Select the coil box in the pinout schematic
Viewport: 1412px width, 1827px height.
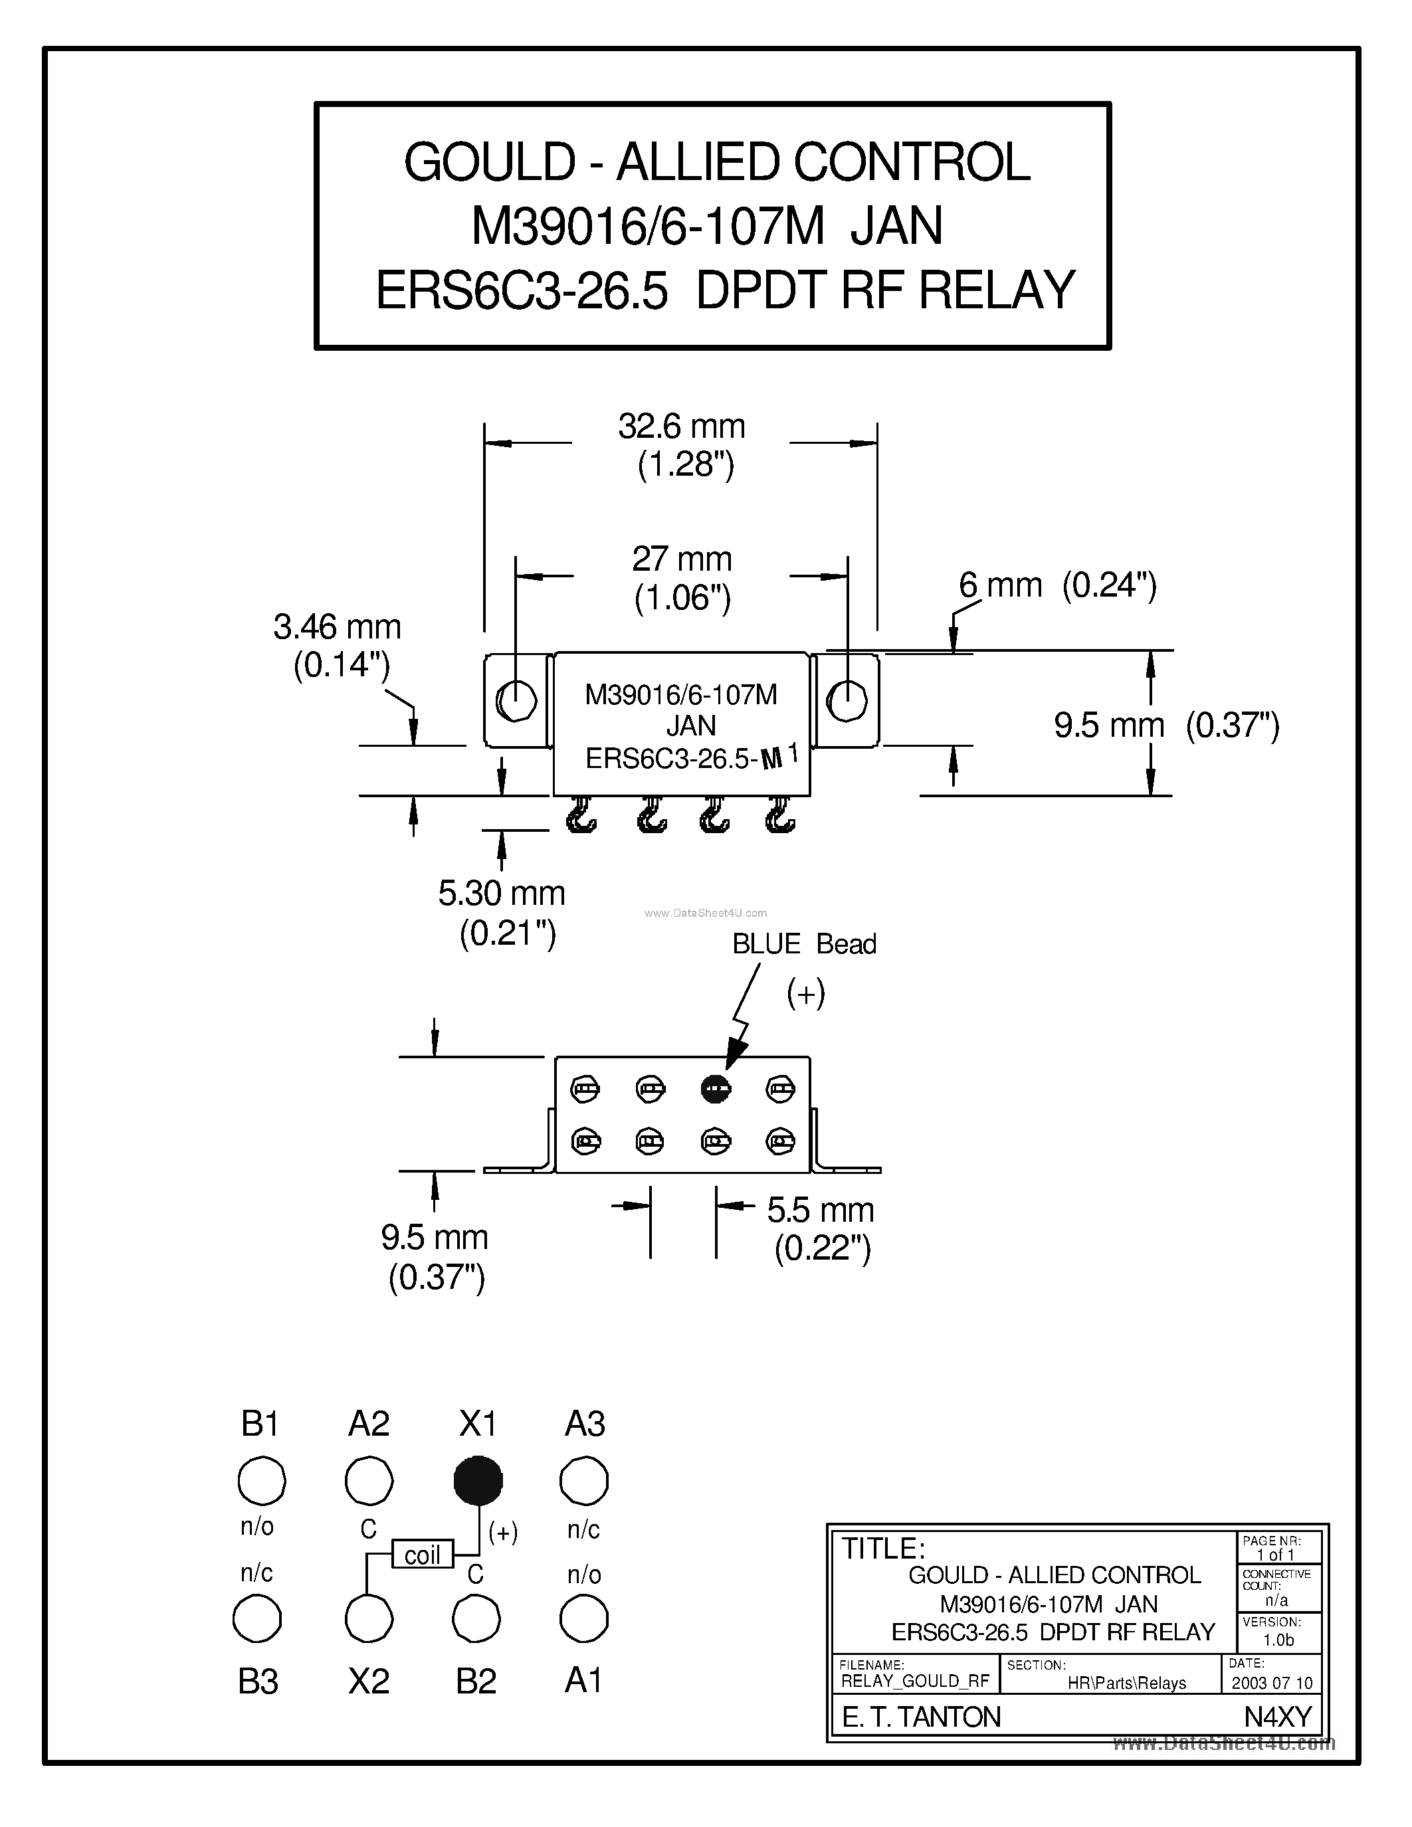coord(423,1555)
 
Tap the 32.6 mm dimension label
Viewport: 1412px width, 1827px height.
coord(681,427)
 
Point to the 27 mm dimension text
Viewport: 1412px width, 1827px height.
coord(681,559)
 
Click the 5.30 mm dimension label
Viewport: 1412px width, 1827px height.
coord(501,894)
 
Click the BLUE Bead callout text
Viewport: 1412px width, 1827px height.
coord(804,943)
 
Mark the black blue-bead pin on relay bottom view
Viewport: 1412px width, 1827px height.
coord(715,1088)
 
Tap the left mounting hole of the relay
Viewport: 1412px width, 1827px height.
coord(516,700)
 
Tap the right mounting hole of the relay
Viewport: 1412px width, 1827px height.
coord(847,700)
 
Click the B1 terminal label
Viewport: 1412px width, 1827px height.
coord(259,1423)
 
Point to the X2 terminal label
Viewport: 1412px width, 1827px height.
coord(368,1682)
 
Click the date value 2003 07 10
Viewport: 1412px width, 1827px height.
coord(1272,1682)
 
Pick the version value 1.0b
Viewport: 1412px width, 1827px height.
coord(1278,1640)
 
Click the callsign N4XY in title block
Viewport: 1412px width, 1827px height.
coord(1277,1717)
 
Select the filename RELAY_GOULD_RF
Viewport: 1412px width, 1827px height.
coord(914,1682)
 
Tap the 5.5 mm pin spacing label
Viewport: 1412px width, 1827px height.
coord(820,1210)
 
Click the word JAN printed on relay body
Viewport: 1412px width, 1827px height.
coord(691,725)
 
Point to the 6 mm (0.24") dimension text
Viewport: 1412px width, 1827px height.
coord(1057,585)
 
